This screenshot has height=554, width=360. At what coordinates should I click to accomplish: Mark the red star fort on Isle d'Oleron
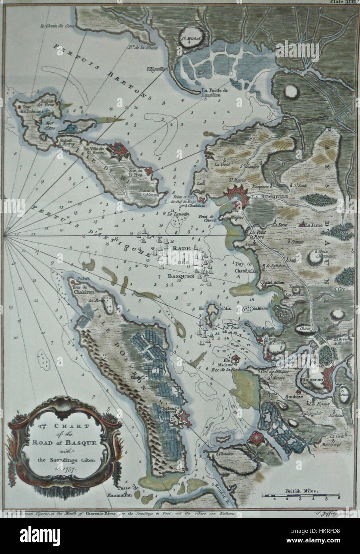click(x=184, y=417)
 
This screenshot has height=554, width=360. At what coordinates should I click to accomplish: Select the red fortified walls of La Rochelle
click(x=236, y=195)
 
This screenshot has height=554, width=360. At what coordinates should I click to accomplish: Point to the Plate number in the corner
click(x=344, y=2)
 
